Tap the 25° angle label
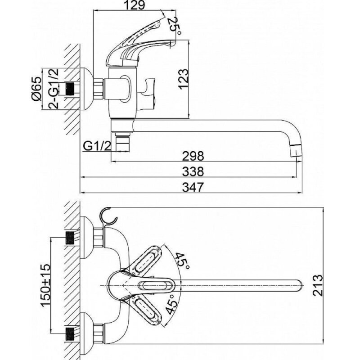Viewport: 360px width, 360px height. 174,27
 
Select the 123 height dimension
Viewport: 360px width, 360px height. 183,78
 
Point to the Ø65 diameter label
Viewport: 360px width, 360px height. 36,89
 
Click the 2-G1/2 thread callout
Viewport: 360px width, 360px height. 53,89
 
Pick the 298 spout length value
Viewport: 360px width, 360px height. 193,156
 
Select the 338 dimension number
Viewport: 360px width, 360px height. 193,171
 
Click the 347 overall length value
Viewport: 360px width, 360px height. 193,187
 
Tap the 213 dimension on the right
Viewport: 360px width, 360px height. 318,285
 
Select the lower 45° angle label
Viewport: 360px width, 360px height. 172,305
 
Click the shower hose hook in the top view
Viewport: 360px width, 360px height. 109,217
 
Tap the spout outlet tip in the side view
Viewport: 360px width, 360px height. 296,150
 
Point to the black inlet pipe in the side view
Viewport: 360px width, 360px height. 71,89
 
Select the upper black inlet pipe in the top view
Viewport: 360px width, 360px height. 70,238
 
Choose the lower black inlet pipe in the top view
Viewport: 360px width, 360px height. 70,333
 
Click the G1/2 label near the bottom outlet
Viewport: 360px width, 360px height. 97,146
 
